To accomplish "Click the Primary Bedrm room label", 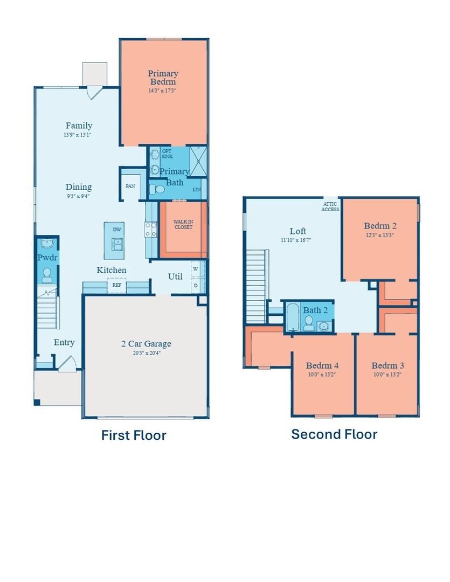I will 163,77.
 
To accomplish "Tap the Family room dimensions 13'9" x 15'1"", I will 77,135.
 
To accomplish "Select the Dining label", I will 79,187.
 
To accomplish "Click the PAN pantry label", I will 130,186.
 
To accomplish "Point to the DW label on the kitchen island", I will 117,230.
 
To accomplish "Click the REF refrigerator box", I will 116,285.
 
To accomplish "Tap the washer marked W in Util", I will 196,268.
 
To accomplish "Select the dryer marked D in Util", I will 196,285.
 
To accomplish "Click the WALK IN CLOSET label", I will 182,224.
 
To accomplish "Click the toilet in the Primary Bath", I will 157,189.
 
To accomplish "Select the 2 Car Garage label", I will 146,344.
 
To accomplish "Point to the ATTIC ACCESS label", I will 330,206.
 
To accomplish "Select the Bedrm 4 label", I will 322,365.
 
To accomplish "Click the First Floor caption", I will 134,435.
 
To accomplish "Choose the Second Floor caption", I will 334,434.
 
